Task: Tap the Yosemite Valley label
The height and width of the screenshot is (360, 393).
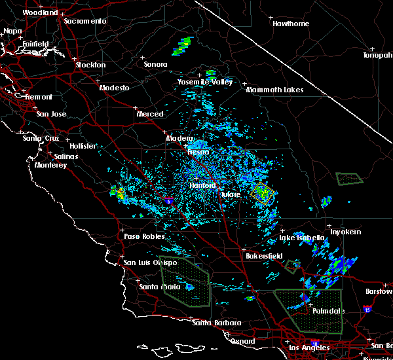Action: pyautogui.click(x=205, y=82)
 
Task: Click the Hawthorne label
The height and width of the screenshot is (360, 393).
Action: pyautogui.click(x=290, y=24)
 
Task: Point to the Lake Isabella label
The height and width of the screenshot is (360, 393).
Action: pyautogui.click(x=301, y=238)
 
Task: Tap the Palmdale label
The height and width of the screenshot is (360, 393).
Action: pyautogui.click(x=327, y=311)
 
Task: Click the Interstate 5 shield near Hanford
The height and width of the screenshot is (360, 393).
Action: pyautogui.click(x=168, y=197)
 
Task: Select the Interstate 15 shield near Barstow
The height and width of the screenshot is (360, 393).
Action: pyautogui.click(x=368, y=308)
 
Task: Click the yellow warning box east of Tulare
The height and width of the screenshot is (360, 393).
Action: pyautogui.click(x=262, y=193)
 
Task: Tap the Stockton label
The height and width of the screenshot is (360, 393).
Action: pyautogui.click(x=90, y=65)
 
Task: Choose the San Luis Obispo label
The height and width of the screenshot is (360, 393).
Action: pyautogui.click(x=150, y=262)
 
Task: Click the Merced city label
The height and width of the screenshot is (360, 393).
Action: pyautogui.click(x=149, y=114)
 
